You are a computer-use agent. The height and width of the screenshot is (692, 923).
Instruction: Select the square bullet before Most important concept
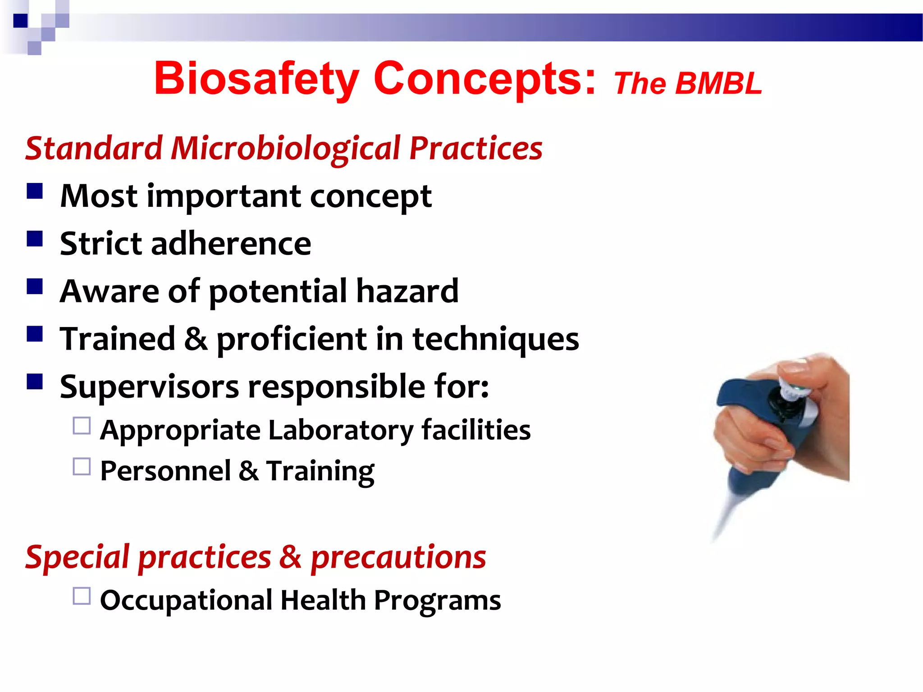coord(35,191)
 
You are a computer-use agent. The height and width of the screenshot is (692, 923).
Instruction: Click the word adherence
coord(231,244)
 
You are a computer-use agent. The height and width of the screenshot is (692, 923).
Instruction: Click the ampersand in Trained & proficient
coord(196,339)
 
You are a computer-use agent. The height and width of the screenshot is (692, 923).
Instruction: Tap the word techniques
coord(496,339)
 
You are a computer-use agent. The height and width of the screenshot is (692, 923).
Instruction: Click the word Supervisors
coord(149,387)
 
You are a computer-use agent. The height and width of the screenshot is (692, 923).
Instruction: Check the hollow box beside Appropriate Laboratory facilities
coord(82,426)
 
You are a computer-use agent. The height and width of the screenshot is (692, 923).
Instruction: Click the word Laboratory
coord(340,430)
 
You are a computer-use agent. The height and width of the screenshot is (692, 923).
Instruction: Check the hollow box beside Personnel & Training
coord(82,467)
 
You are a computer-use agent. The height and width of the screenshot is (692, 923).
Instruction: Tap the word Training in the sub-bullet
coord(320,471)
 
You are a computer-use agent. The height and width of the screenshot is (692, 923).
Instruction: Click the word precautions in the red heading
coord(398,557)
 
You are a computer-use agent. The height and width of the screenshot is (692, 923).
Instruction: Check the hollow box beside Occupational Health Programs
coord(82,596)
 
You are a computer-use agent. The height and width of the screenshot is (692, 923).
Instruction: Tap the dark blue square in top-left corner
coord(20,21)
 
